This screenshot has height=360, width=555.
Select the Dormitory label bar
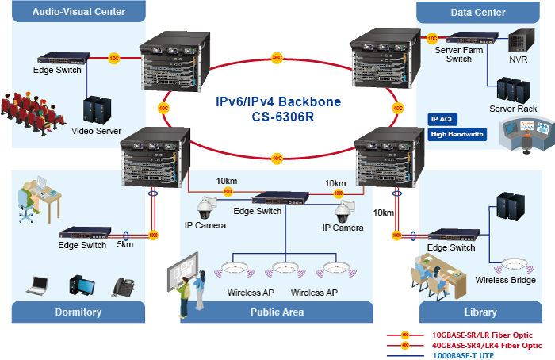point(78,312)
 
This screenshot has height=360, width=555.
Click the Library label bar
point(480,312)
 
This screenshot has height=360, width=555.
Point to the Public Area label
point(277,312)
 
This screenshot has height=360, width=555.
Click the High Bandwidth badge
point(457,134)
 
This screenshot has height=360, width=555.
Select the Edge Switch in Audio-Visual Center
point(56,58)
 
